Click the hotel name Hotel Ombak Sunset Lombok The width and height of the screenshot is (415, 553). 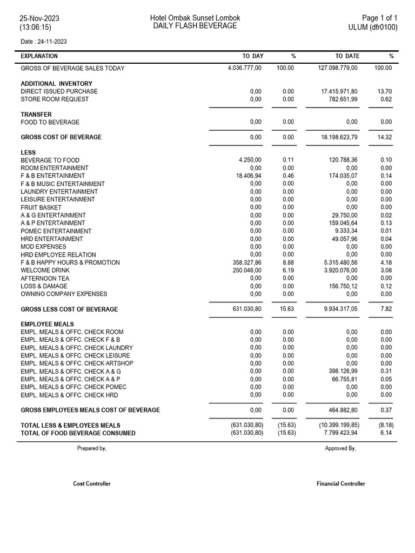point(195,18)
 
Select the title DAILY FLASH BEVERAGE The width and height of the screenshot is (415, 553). point(195,26)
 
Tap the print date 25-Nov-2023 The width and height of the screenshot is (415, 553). point(39,18)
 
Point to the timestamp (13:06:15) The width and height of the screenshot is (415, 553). point(36,27)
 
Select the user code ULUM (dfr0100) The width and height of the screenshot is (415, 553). point(373,27)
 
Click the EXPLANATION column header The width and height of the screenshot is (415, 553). point(39,56)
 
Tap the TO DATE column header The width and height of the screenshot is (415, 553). point(347,56)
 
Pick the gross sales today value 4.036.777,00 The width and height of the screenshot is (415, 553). point(245,68)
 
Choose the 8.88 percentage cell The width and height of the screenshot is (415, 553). point(288,262)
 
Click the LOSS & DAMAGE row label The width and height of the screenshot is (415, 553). point(44,286)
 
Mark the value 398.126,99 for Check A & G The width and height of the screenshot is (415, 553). point(343,372)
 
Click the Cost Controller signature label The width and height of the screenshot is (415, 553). point(92,484)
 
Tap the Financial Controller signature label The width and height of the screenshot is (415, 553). point(340,484)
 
